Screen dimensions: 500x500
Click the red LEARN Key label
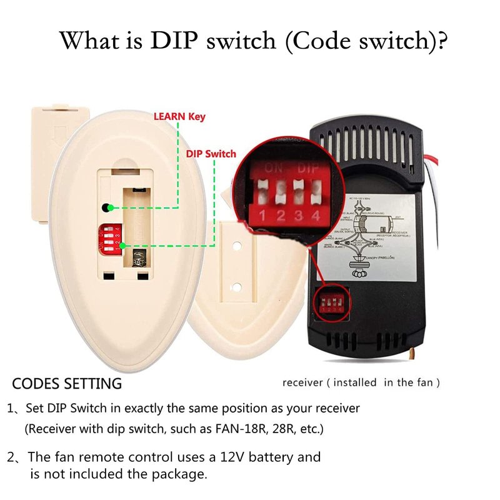coord(179,116)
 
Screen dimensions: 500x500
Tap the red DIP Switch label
coord(211,154)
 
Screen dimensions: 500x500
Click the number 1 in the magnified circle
coord(263,216)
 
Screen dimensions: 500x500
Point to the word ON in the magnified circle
coord(273,168)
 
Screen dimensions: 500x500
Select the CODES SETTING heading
coord(67,383)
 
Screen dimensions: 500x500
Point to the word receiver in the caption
coord(302,382)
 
